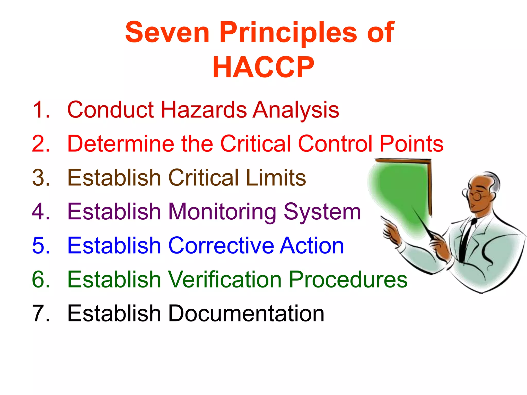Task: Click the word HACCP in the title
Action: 263,67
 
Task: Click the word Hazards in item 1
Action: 204,110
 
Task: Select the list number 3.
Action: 41,178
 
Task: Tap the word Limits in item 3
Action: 276,178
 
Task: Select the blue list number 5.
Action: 41,246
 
